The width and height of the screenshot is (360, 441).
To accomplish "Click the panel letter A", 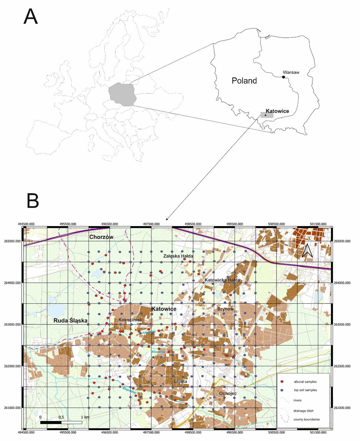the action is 31,17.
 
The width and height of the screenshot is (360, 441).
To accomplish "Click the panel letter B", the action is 33,200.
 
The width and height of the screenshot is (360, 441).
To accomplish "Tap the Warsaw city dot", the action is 283,77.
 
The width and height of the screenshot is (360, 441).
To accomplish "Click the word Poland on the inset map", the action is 244,81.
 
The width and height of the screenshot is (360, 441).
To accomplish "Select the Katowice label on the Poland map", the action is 277,111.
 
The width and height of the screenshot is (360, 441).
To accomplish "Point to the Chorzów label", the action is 101,237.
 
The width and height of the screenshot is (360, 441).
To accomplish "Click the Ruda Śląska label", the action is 71,321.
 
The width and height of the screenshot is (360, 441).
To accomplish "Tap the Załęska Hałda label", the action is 178,256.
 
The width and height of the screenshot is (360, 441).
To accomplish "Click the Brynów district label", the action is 226,309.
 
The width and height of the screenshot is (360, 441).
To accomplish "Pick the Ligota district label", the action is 180,381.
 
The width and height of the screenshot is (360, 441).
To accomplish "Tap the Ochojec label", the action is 228,394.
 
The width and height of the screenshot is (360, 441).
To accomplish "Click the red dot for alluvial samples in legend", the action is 282,382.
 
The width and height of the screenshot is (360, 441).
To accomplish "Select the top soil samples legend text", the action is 305,390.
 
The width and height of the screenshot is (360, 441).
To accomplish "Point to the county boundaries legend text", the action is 307,419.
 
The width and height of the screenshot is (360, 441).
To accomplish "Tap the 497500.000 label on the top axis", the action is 152,224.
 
